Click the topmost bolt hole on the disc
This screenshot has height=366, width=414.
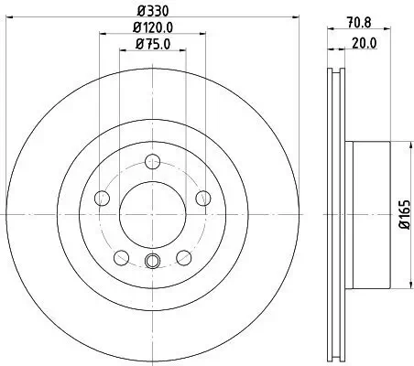coord(153,162)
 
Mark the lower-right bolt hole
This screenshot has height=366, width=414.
coord(183,257)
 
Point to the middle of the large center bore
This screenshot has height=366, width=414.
coord(153,214)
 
